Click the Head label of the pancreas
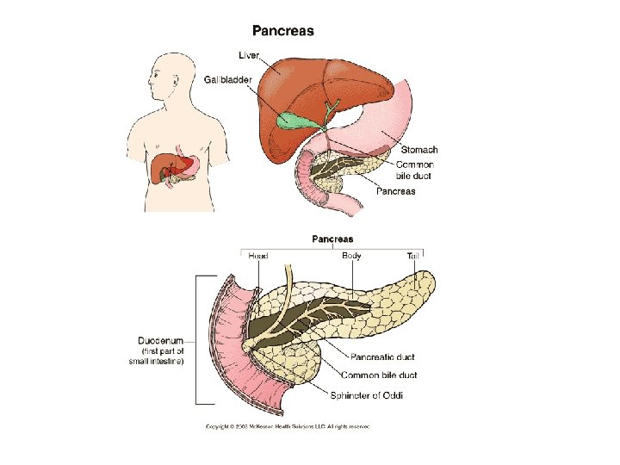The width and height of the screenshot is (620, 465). coord(257,256)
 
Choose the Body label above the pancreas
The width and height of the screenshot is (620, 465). coord(351,256)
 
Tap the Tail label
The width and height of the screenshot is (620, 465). coord(415,256)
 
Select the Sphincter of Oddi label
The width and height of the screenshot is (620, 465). coord(366,395)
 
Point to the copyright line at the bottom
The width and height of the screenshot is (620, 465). coord(287,426)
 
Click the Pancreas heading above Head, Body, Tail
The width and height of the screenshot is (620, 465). coord(332,239)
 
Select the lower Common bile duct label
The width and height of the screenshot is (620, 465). coord(380,375)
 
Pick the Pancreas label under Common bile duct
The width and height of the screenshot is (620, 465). coord(396,191)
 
